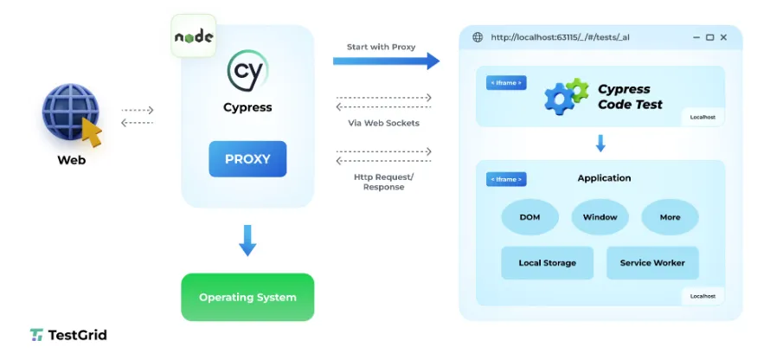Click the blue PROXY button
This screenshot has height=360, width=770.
coord(247,159)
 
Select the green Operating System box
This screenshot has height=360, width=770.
coord(247,297)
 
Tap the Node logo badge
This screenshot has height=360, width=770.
coord(194,36)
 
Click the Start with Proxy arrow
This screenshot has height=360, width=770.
coord(386,61)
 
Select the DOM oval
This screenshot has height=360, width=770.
coord(529,217)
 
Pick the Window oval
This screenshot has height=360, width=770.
coord(600,217)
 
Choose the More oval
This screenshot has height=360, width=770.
coord(670,217)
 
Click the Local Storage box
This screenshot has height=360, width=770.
coord(547,263)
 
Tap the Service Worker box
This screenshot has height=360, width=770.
coord(651,263)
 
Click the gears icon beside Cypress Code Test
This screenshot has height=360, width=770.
coord(566,96)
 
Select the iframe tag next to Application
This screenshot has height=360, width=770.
coord(506,179)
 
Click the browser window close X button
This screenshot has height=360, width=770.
coord(725,37)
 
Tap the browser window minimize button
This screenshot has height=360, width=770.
coord(695,37)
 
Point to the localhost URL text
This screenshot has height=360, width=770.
coord(560,37)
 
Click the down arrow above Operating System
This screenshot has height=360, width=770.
coord(247,240)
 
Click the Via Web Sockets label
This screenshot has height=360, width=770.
coord(383,123)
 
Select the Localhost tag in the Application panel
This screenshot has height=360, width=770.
coord(703,296)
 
